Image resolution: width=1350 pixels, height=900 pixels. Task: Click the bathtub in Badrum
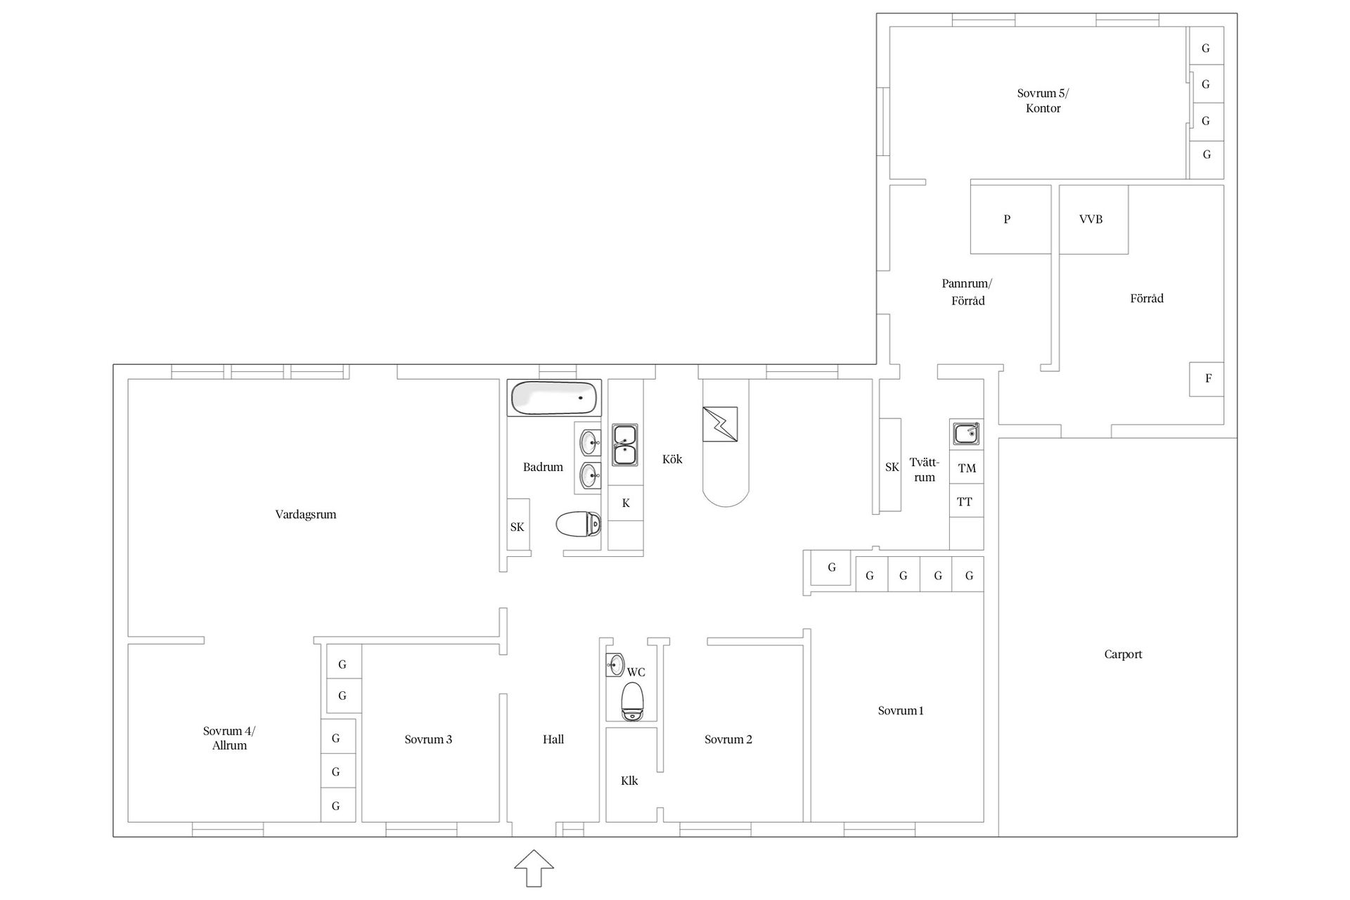tap(554, 398)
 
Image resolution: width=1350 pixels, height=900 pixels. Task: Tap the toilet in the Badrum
tap(578, 524)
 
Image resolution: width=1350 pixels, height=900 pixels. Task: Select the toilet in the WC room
tap(633, 701)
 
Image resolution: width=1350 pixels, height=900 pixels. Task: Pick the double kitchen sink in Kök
tap(624, 444)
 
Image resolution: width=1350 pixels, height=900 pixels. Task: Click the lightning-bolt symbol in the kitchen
tap(720, 424)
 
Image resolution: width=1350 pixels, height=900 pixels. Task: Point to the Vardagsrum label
tap(306, 515)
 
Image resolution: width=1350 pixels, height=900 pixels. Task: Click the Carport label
tap(1123, 655)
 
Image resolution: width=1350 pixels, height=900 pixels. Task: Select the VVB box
tap(1093, 219)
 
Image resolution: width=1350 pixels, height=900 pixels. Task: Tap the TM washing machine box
tap(967, 468)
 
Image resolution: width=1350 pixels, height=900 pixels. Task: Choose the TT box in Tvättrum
tap(967, 501)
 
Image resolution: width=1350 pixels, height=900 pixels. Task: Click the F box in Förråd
tap(1207, 379)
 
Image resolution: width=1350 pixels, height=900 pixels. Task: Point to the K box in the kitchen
tap(626, 503)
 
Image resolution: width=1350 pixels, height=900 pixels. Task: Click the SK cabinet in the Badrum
tap(518, 525)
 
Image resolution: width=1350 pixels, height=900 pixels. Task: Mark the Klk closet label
tap(629, 780)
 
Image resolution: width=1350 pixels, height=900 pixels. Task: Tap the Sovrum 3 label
tap(428, 740)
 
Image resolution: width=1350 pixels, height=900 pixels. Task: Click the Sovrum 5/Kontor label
tap(1043, 101)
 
